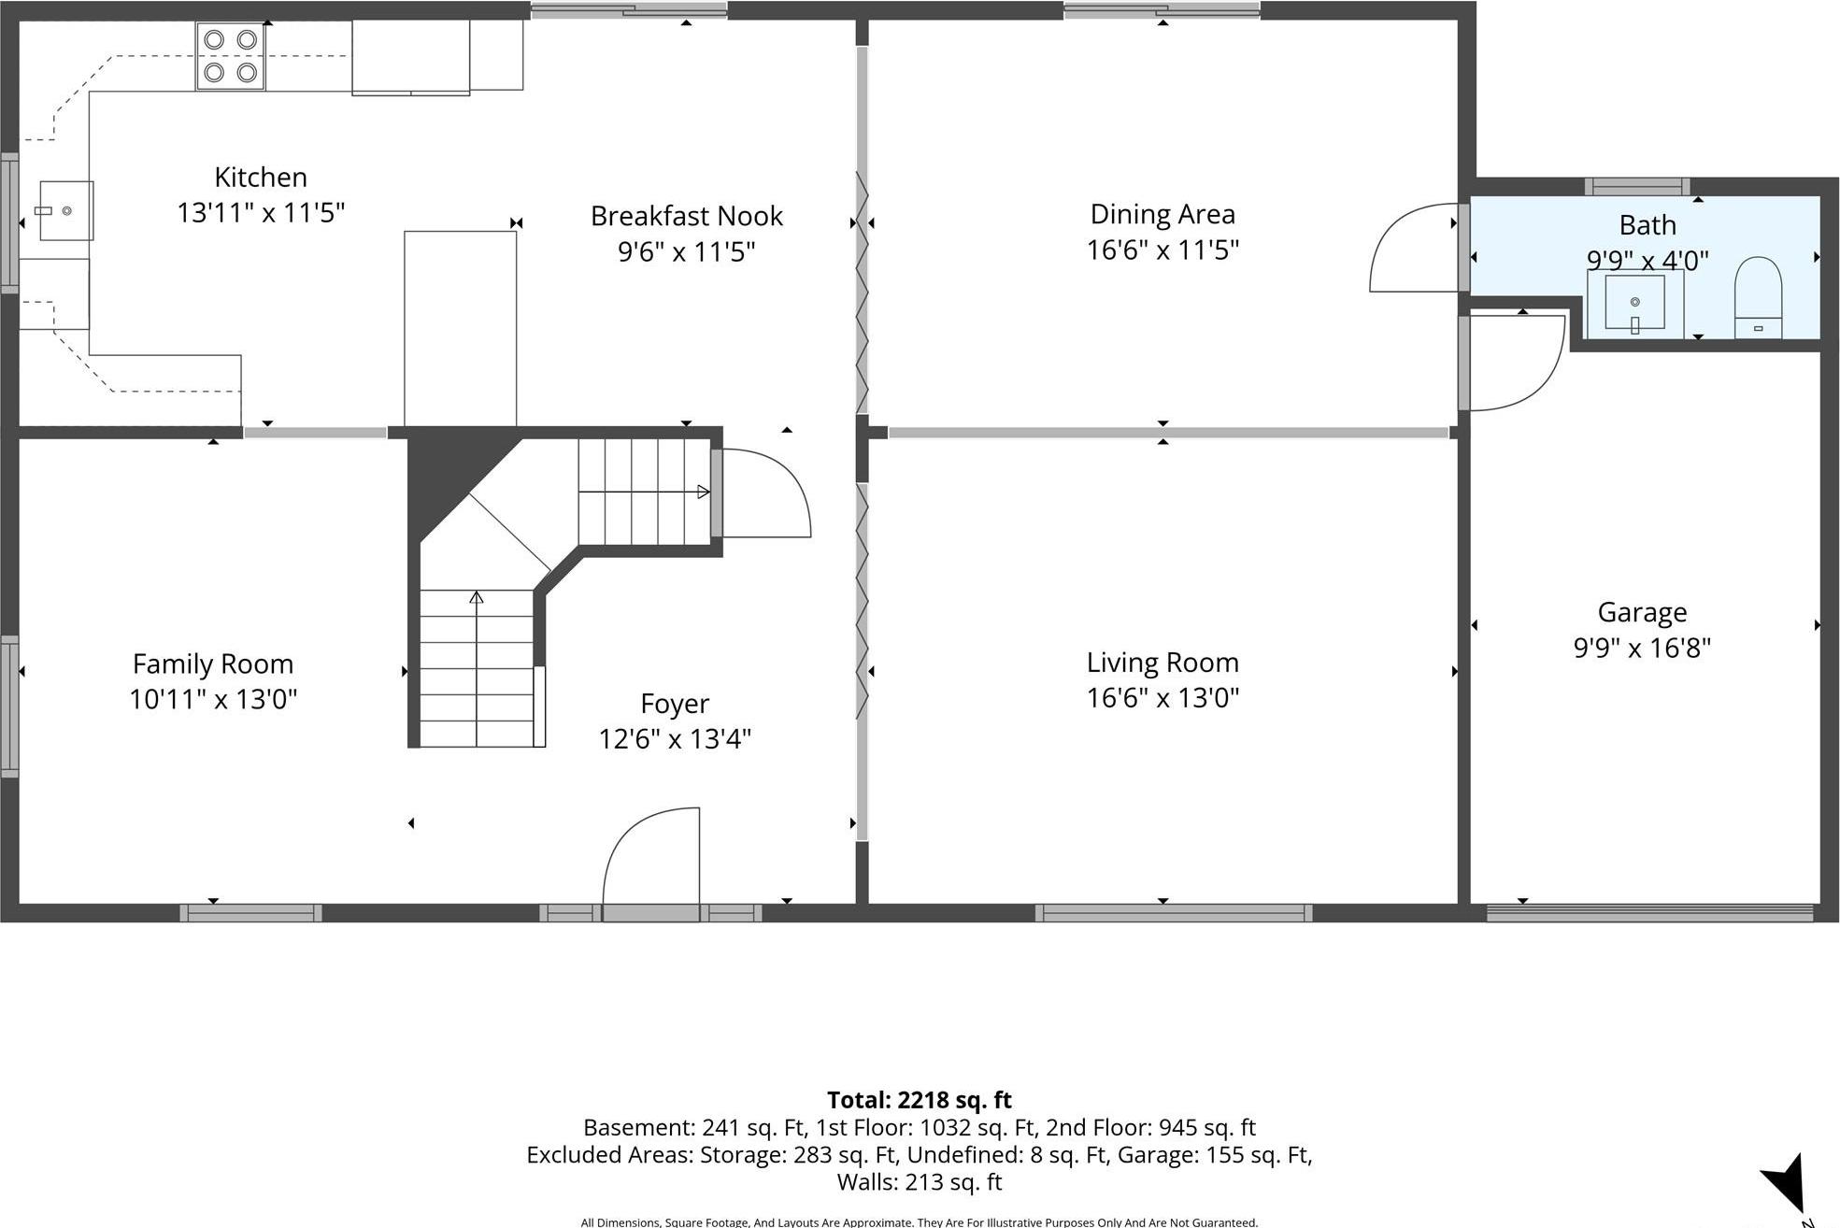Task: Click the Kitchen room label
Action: tap(260, 178)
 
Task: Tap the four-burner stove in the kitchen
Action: tap(230, 56)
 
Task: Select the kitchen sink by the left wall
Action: tap(65, 211)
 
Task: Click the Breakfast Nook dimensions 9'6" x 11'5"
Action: tap(686, 251)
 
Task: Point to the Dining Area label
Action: tap(1162, 214)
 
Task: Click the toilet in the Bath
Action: tap(1757, 297)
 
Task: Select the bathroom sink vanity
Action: tap(1634, 303)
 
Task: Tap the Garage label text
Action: tap(1641, 612)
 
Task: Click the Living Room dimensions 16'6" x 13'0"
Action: tap(1162, 698)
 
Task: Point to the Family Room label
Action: tap(213, 664)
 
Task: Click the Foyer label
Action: tap(674, 704)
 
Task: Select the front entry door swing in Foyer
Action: tap(652, 855)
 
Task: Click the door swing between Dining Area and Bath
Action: tap(1414, 249)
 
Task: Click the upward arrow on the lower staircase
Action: tap(477, 598)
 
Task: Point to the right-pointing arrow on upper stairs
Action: tap(703, 492)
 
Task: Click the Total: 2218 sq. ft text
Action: tap(919, 1100)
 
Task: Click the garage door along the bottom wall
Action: tap(1648, 913)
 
